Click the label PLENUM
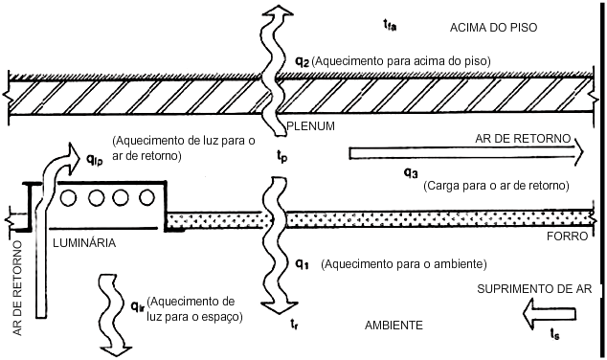point(310,126)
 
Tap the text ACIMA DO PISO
point(494,28)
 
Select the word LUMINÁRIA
point(84,242)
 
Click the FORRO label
point(567,236)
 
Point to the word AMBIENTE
point(393,326)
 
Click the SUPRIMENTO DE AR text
point(534,289)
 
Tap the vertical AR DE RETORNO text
point(18,288)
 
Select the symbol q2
point(303,61)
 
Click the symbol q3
point(411,172)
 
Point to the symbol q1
point(302,264)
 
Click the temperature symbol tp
point(281,156)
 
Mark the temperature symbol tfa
point(390,25)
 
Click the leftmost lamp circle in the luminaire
point(68,198)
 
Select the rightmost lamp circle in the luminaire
point(146,198)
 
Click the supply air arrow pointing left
point(550,314)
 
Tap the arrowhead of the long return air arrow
point(578,152)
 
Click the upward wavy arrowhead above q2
point(278,11)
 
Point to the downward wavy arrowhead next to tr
point(280,308)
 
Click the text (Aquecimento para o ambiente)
point(404,264)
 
